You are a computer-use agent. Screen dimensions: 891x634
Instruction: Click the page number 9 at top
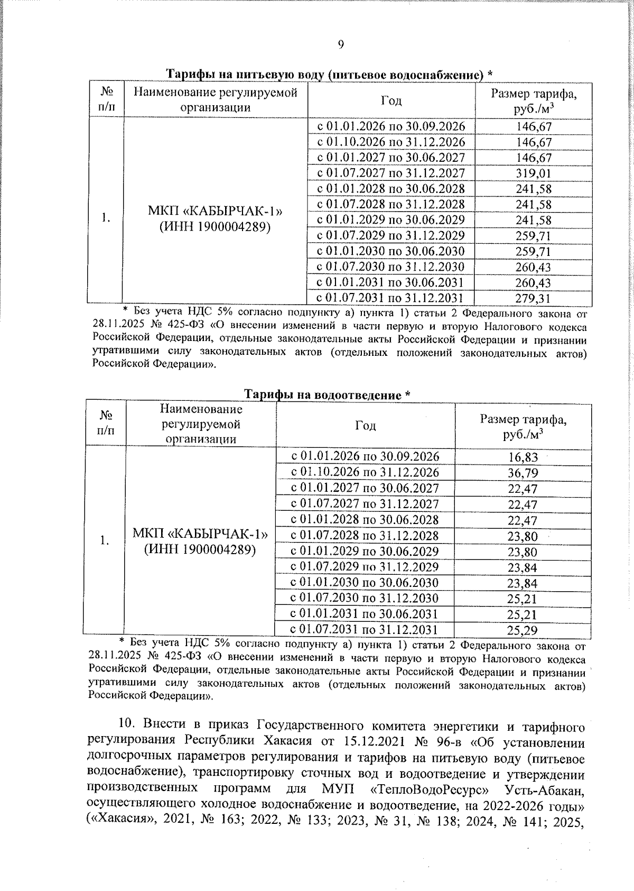pos(340,44)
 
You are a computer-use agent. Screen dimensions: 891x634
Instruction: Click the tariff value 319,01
pos(533,173)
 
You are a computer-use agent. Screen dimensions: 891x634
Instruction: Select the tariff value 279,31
pos(533,299)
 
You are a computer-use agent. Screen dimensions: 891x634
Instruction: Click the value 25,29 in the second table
pos(523,630)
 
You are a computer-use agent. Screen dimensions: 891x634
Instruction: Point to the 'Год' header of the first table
pos(391,101)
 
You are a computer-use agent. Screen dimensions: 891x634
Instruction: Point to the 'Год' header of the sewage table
pos(365,426)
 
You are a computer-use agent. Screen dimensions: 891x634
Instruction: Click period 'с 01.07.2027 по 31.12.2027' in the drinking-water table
pos(391,173)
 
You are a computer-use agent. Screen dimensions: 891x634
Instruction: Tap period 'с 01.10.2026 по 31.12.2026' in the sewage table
pos(365,472)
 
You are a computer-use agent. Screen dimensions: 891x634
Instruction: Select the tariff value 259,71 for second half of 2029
pos(533,236)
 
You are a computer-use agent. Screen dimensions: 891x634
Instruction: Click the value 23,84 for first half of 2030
pos(523,583)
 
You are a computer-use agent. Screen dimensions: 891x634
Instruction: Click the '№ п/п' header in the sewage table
pos(106,424)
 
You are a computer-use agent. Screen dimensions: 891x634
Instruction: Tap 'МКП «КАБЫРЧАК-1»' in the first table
pos(215,211)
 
